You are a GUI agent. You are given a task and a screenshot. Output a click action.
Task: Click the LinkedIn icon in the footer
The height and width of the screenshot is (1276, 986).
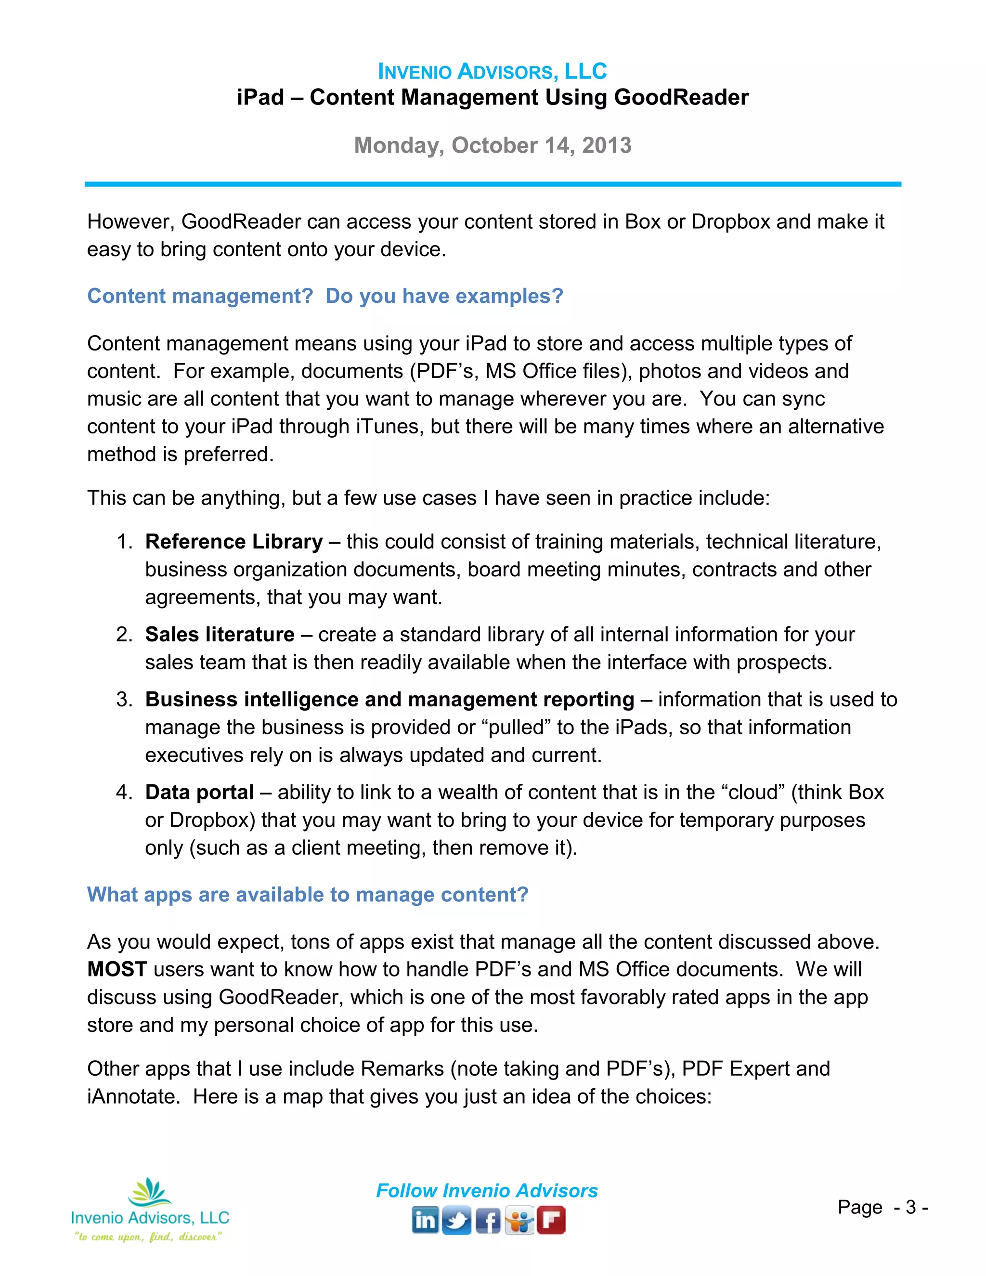click(x=425, y=1221)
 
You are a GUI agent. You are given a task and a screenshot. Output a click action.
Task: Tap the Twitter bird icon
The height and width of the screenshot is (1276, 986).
click(x=456, y=1221)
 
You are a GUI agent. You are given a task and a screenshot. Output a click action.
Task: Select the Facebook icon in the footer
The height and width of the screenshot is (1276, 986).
click(x=488, y=1221)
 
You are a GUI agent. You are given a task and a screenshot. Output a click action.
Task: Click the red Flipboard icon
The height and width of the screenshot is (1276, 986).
click(x=551, y=1221)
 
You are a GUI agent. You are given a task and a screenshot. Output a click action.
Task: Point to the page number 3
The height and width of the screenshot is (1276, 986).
click(x=910, y=1208)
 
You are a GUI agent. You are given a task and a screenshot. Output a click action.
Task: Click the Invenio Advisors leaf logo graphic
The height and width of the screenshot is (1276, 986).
click(x=150, y=1192)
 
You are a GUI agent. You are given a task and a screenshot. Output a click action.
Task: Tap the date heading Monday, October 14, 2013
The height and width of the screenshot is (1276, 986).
click(x=493, y=145)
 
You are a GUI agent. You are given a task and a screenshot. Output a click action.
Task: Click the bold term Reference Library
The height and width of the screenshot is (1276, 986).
click(x=234, y=542)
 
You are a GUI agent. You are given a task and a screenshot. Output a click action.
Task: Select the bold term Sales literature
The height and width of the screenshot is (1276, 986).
click(x=220, y=635)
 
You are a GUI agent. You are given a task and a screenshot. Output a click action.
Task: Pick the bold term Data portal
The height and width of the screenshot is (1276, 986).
click(x=199, y=792)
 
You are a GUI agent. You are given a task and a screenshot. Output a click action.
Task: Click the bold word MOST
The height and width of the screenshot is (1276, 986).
click(x=117, y=969)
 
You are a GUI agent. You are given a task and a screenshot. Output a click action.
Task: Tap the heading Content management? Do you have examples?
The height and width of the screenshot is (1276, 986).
click(x=325, y=296)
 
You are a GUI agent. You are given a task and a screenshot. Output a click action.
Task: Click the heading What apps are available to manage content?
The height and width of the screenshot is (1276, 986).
click(x=307, y=895)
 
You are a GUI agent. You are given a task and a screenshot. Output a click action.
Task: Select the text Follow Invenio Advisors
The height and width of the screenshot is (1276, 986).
click(x=487, y=1191)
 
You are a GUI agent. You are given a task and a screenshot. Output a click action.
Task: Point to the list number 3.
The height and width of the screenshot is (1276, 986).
click(x=124, y=699)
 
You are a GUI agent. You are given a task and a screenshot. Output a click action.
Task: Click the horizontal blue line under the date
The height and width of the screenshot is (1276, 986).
click(x=493, y=184)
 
